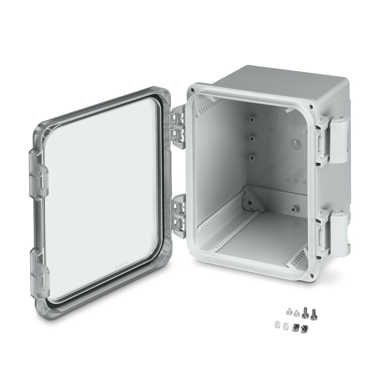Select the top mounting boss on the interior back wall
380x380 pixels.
click(252, 119)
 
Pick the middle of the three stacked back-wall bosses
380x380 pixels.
click(252, 138)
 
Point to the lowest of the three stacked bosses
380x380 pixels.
click(252, 158)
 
